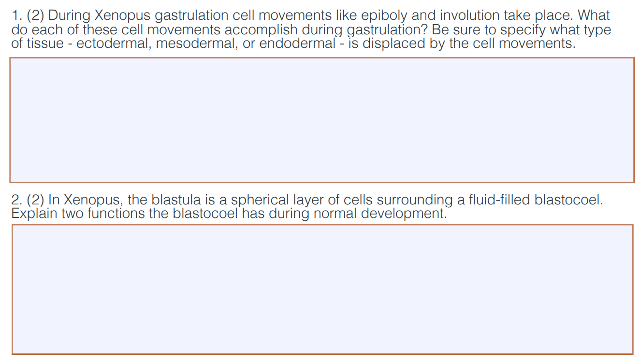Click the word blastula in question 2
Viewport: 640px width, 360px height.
[x=174, y=200]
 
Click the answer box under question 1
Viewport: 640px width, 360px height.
[x=321, y=120]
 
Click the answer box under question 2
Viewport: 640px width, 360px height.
[x=321, y=289]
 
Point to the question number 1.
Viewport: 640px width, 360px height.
[x=14, y=16]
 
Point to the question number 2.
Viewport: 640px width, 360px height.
[x=15, y=200]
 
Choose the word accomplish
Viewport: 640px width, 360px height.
[x=261, y=30]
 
